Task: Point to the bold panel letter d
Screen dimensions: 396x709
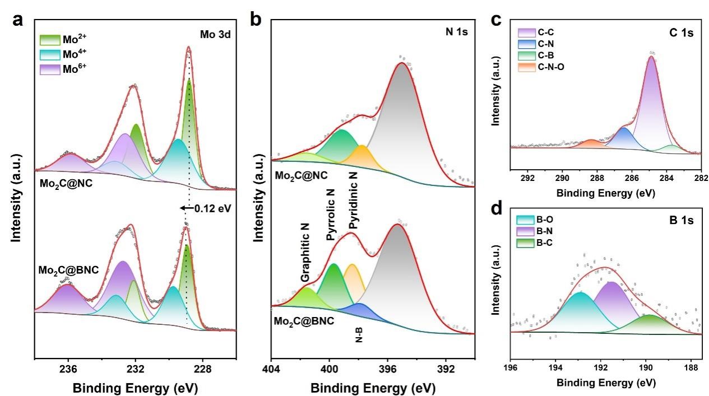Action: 495,209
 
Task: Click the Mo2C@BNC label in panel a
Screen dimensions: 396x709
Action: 69,270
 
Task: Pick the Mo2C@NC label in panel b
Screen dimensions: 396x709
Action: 301,175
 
